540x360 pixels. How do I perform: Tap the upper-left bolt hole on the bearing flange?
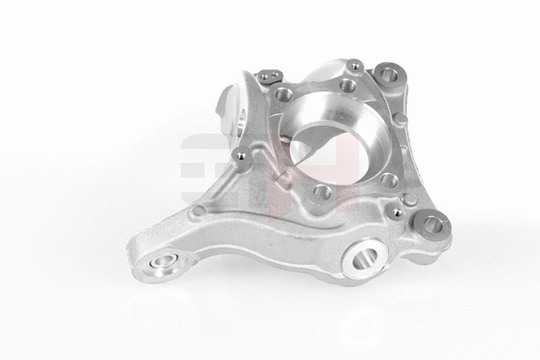point(284,94)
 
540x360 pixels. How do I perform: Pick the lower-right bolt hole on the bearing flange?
point(389,181)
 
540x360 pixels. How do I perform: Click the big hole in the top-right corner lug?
point(390,74)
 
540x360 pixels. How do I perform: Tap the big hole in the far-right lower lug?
point(433,224)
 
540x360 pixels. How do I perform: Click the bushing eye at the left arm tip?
point(162,264)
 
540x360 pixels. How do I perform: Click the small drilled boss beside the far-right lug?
point(396,213)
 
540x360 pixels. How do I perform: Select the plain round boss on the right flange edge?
point(400,119)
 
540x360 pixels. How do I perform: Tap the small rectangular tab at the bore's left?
point(285,176)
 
